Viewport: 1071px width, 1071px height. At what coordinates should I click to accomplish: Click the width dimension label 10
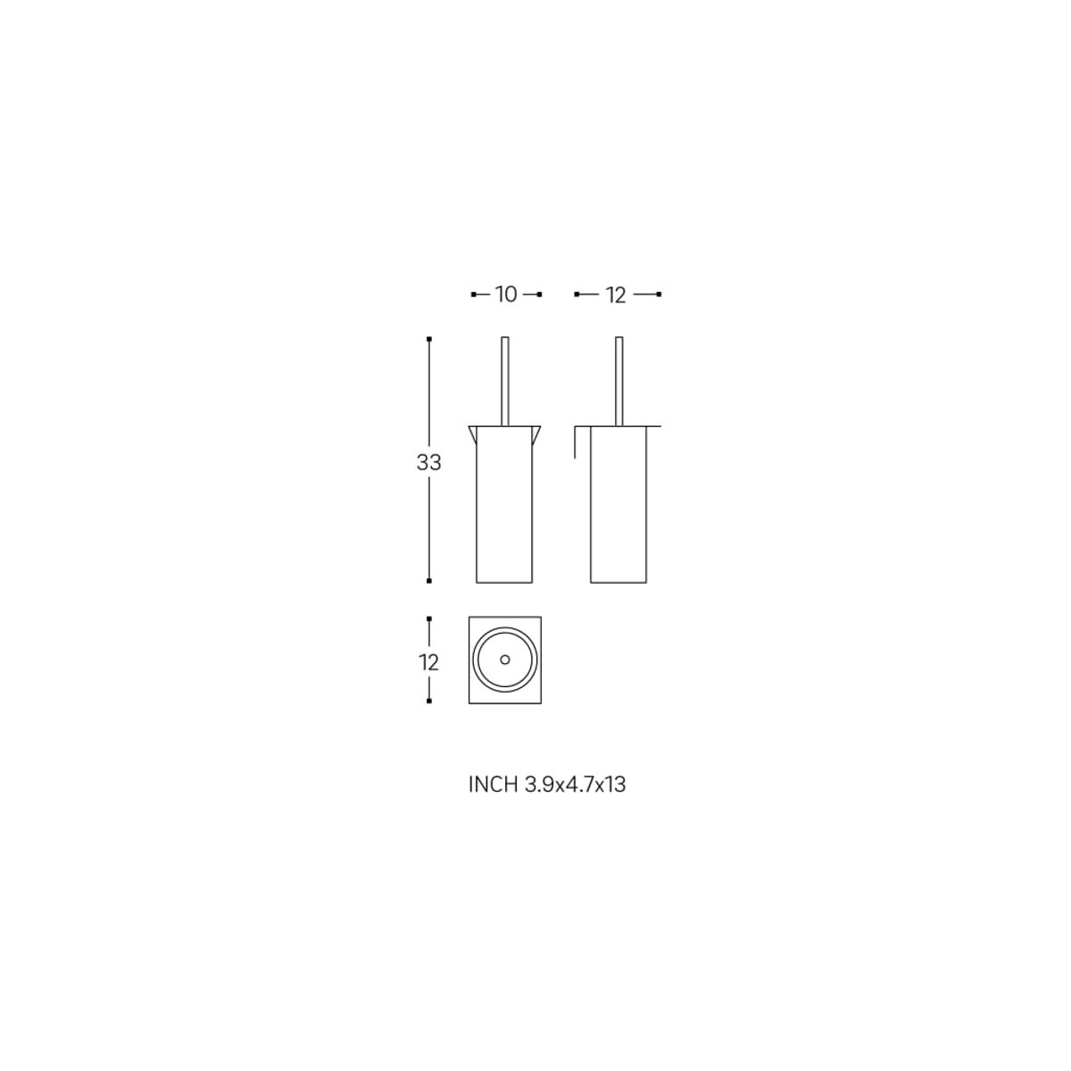tap(506, 295)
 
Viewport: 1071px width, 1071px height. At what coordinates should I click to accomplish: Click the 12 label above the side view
tap(616, 295)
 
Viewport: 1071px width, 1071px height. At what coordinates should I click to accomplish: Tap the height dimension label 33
tap(428, 462)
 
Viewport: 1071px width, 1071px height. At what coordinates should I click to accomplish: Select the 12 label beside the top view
tap(428, 662)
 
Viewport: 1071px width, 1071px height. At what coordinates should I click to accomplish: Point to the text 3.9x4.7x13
tap(575, 785)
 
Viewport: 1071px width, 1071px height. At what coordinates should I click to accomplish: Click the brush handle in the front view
tap(505, 381)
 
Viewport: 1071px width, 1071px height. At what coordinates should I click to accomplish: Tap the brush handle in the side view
tap(619, 381)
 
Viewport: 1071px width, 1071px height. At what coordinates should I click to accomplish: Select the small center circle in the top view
tap(504, 660)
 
